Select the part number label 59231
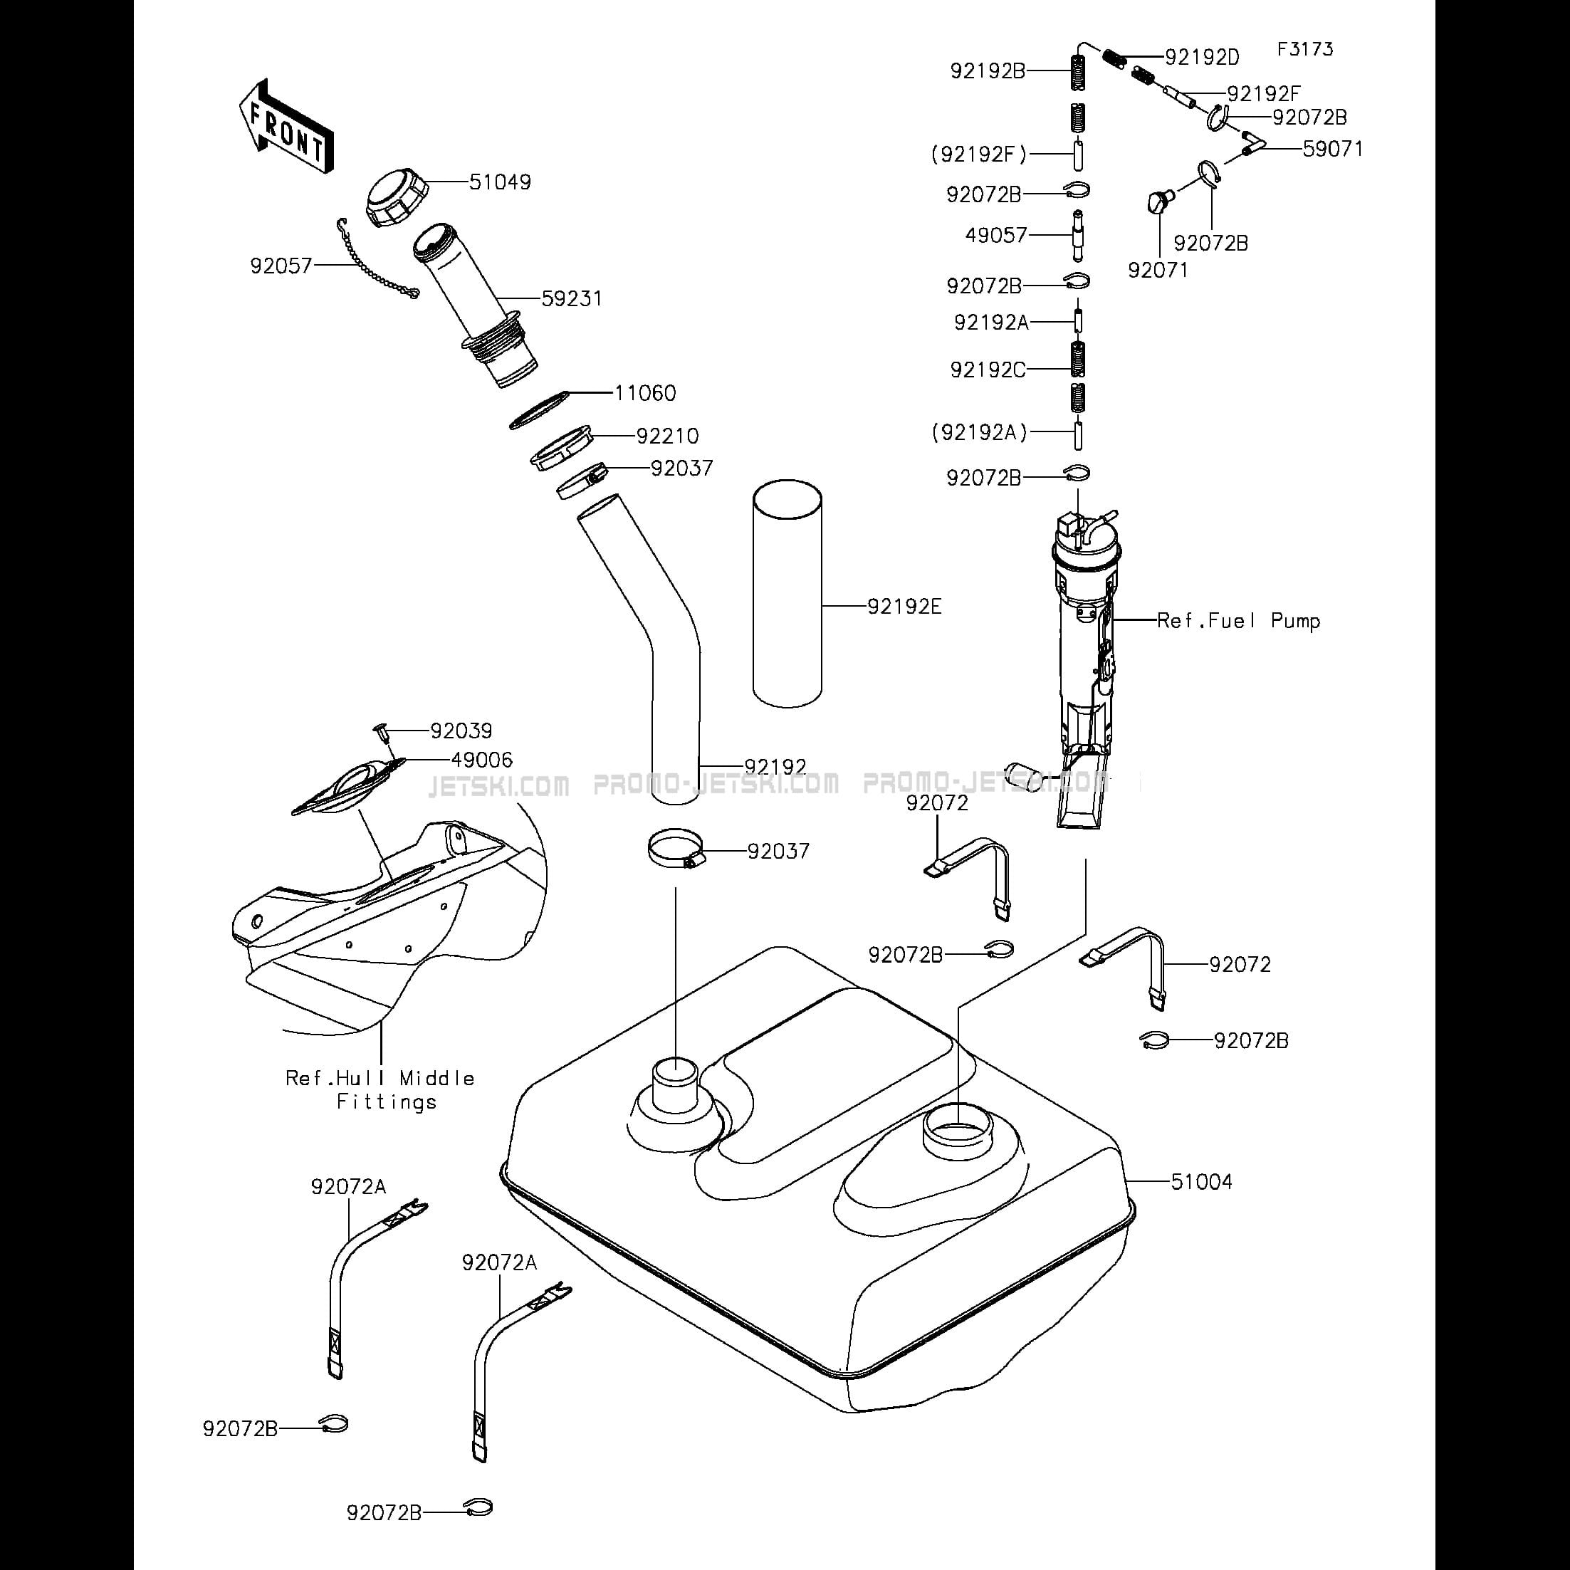point(572,299)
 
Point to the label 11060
point(645,393)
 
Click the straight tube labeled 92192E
point(787,596)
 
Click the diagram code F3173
point(1305,50)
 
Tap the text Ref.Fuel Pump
point(1238,622)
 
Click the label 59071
point(1333,150)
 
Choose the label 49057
point(996,236)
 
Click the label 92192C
point(988,370)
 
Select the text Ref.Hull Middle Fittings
point(380,1089)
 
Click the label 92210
point(667,436)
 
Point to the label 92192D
point(1202,58)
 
